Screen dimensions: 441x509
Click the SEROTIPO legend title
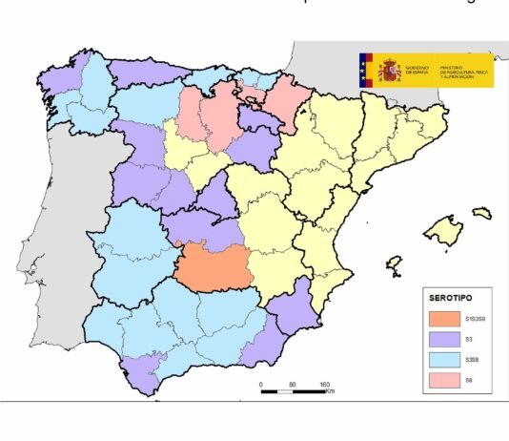[x=454, y=297]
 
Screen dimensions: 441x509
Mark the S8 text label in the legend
[x=468, y=381]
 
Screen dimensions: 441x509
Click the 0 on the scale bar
[x=261, y=384]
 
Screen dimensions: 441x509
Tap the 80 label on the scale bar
[x=292, y=384]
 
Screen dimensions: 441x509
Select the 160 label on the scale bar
[x=324, y=384]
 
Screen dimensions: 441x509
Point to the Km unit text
[x=330, y=391]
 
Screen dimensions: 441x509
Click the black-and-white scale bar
[x=293, y=391]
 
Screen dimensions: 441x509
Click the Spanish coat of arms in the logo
[x=389, y=70]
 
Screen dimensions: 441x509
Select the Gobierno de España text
[x=417, y=70]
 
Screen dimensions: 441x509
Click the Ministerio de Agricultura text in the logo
[x=463, y=70]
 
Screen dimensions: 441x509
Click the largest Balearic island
[x=445, y=231]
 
